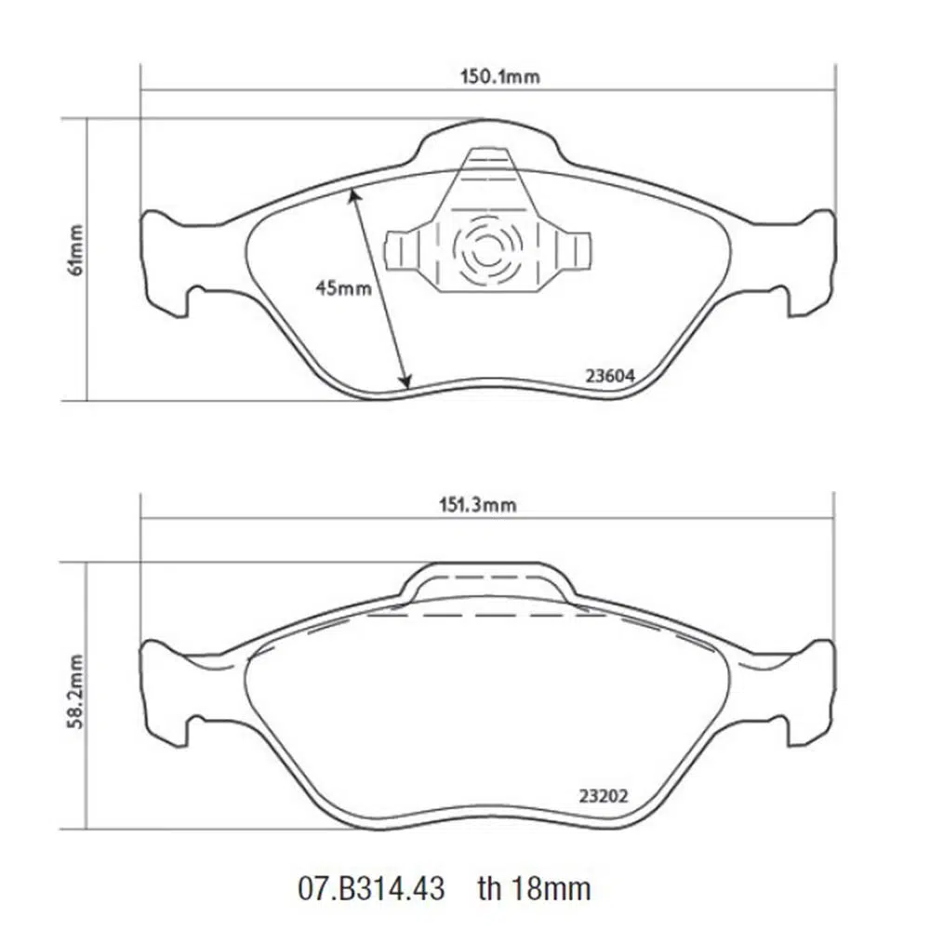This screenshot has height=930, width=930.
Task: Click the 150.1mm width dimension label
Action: [x=500, y=76]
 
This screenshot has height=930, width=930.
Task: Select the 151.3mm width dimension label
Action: [x=477, y=505]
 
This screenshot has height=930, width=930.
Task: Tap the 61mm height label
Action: [x=76, y=249]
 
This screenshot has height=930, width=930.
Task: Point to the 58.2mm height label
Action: [x=76, y=692]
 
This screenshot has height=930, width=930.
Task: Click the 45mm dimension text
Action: [x=343, y=288]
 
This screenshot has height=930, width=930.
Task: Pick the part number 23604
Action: [x=610, y=376]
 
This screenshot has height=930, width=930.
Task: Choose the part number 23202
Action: [x=604, y=795]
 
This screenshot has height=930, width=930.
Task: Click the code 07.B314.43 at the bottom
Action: [x=371, y=888]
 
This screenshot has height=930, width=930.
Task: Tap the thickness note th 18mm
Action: [x=535, y=888]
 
